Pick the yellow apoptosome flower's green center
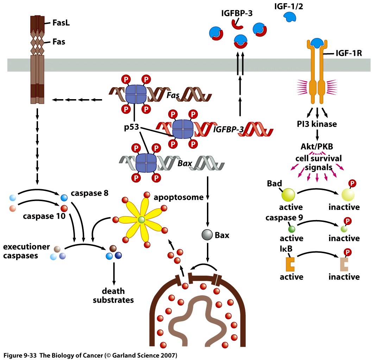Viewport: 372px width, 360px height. [x=141, y=220]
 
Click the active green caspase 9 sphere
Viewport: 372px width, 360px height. [x=292, y=229]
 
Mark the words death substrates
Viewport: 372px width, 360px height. [x=113, y=296]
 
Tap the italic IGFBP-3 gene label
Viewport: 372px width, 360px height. [x=229, y=129]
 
